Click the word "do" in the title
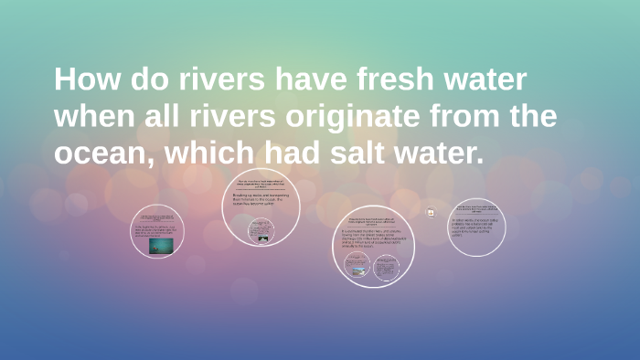coord(145,79)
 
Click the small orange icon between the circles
coord(430,212)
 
